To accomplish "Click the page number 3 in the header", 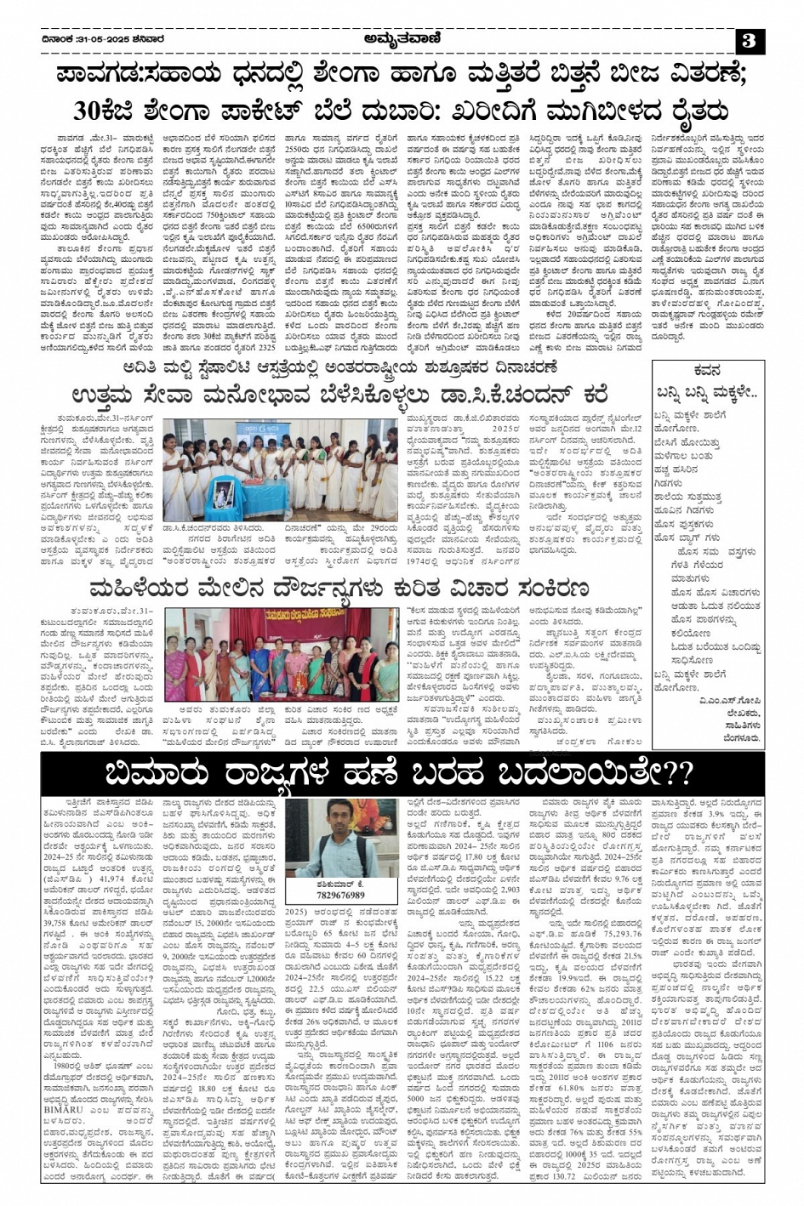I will (x=749, y=40).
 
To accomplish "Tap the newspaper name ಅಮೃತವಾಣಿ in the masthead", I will (x=402, y=39).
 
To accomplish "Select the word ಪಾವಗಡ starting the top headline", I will (x=111, y=75).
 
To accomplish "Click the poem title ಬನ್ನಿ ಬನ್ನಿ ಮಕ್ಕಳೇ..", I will (x=706, y=391).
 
